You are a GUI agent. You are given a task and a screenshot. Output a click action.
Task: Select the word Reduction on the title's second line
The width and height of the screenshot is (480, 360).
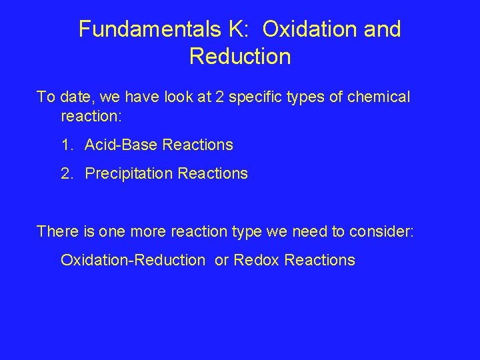240,57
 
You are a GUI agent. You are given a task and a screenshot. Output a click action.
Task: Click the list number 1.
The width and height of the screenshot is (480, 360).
67,145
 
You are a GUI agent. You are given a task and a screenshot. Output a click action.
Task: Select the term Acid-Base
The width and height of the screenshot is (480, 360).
131,145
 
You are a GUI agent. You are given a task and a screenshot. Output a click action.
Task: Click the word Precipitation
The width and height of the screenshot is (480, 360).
129,174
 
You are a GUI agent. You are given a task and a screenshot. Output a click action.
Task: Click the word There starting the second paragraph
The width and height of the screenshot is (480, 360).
57,231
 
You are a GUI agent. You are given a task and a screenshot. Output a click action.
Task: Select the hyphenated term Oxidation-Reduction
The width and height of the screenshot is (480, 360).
133,260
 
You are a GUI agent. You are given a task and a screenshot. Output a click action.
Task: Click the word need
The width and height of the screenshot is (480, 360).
315,231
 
